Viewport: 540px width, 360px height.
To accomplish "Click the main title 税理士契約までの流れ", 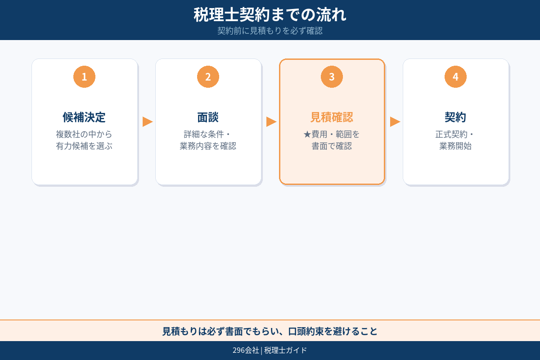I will pyautogui.click(x=270, y=14).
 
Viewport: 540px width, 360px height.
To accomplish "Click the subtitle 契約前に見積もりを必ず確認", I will pyautogui.click(x=270, y=31).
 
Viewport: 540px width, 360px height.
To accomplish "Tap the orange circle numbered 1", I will pyautogui.click(x=84, y=77).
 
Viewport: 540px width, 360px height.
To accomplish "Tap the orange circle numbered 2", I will pyautogui.click(x=208, y=77).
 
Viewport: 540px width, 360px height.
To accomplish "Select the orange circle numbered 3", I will pyautogui.click(x=332, y=77).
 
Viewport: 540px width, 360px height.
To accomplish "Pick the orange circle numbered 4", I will pyautogui.click(x=455, y=77).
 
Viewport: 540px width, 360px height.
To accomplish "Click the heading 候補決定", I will pyautogui.click(x=84, y=117).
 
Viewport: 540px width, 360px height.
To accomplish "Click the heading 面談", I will pyautogui.click(x=208, y=117).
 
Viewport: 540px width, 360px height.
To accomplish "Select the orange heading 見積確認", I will pyautogui.click(x=332, y=117).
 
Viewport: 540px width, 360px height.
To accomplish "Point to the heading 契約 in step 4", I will pyautogui.click(x=455, y=117).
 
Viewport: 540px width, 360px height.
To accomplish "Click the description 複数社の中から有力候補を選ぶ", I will pyautogui.click(x=84, y=140).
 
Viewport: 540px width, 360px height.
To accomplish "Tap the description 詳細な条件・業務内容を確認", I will pyautogui.click(x=208, y=140).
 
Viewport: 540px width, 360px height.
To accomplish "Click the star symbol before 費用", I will pyautogui.click(x=307, y=135).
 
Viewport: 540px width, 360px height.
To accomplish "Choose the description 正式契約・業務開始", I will pyautogui.click(x=455, y=140).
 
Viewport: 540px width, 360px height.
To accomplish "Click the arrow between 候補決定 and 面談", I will pyautogui.click(x=147, y=121).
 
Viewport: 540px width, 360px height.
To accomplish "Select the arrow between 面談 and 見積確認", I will pyautogui.click(x=271, y=121).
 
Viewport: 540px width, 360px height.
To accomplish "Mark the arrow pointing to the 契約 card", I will pyautogui.click(x=395, y=121).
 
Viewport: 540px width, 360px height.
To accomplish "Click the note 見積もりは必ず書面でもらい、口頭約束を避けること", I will pyautogui.click(x=270, y=331).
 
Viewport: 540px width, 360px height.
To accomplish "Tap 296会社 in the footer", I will pyautogui.click(x=246, y=351).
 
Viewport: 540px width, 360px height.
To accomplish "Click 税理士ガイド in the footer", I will pyautogui.click(x=286, y=351).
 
